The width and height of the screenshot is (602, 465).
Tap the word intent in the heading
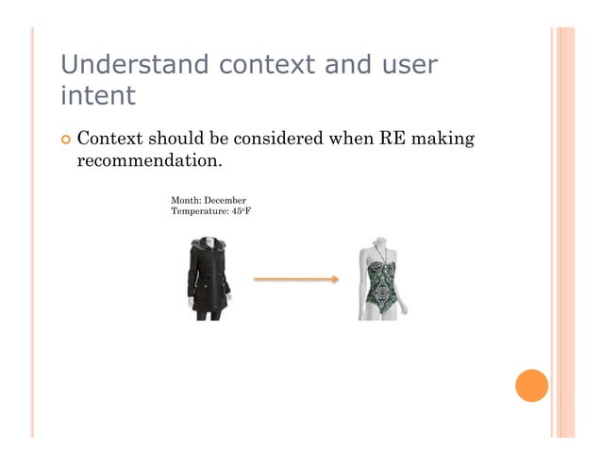point(97,96)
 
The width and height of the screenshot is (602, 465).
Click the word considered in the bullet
point(276,140)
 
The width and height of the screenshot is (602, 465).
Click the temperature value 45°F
point(240,211)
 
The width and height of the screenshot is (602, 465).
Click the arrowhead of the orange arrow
point(333,279)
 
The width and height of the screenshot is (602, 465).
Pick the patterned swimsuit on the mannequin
point(377,288)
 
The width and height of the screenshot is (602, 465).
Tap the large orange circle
point(531,386)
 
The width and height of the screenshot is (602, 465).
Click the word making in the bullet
point(444,140)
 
